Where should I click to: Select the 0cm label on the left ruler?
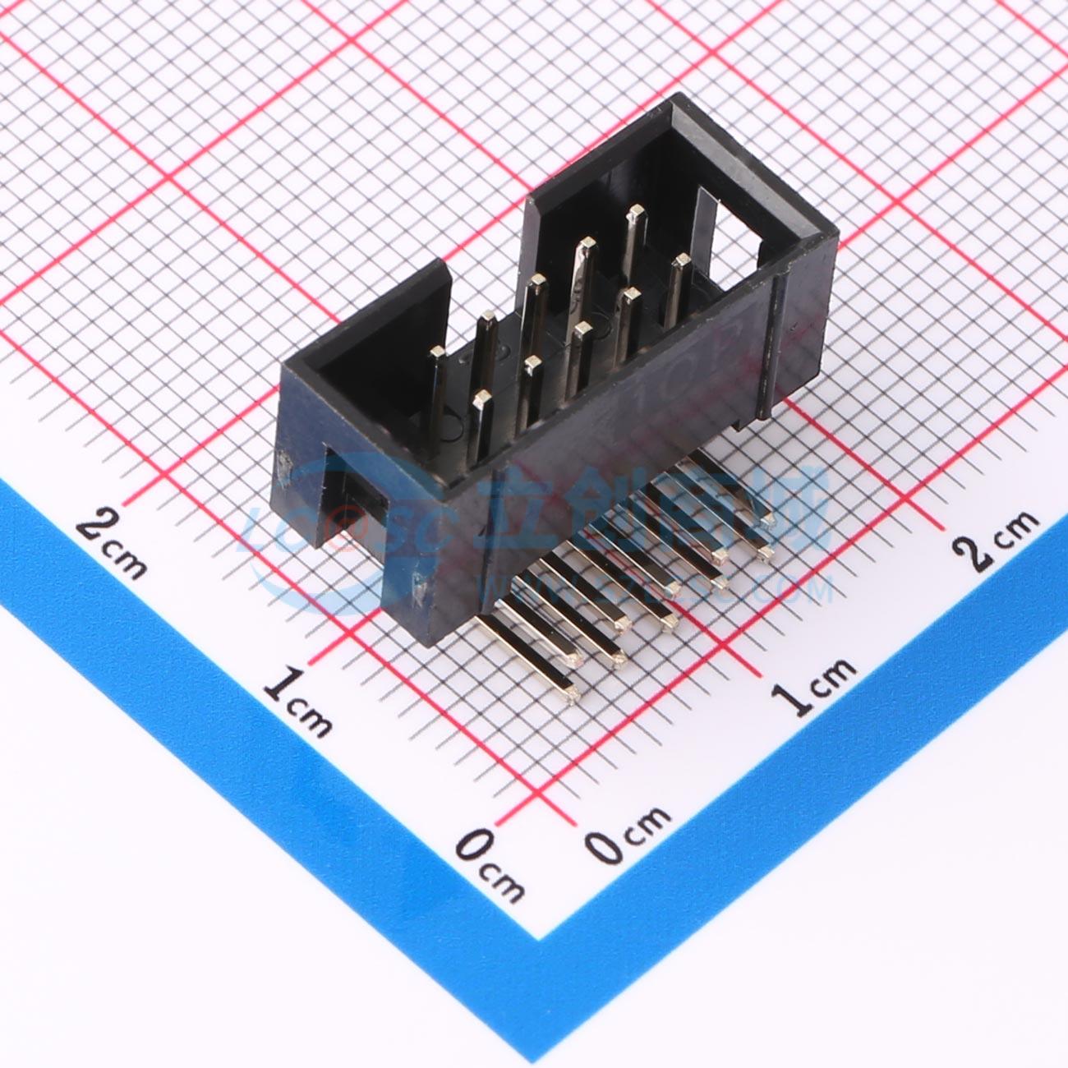(490, 870)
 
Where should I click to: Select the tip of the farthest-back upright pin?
(633, 214)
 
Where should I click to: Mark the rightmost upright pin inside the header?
(680, 264)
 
